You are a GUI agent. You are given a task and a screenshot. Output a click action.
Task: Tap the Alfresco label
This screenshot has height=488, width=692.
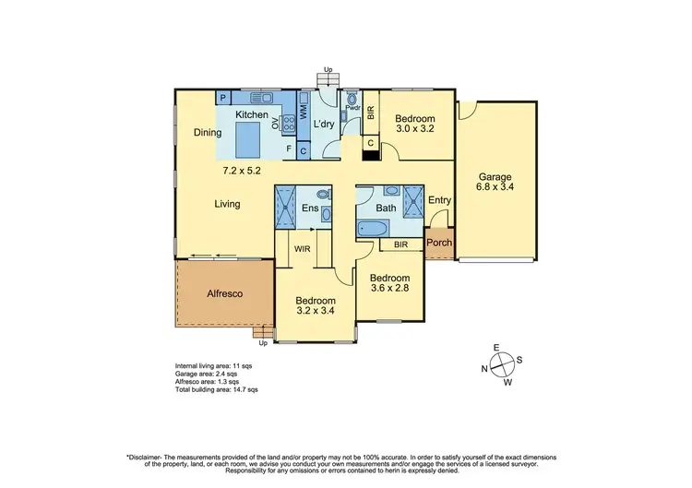click(x=224, y=293)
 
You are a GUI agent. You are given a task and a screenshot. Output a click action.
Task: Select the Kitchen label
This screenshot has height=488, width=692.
click(x=251, y=114)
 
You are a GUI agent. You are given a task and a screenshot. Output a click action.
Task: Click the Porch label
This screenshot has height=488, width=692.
click(x=438, y=244)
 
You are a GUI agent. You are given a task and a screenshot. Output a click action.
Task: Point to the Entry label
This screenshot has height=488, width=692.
click(x=439, y=200)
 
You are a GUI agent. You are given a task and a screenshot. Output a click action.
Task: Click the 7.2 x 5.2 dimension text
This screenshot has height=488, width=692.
click(x=241, y=171)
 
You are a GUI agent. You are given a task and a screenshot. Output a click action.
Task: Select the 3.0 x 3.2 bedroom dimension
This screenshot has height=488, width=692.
click(x=413, y=130)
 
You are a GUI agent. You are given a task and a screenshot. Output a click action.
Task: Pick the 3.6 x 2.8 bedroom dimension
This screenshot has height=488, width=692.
click(x=388, y=289)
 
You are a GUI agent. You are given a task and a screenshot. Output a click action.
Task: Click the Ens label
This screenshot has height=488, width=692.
click(x=310, y=208)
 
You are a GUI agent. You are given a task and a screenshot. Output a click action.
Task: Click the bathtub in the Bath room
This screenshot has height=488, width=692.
click(x=376, y=228)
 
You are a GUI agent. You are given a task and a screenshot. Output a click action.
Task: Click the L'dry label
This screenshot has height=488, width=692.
click(x=323, y=124)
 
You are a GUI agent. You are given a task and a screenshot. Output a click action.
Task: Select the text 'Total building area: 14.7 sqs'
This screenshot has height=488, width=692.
click(x=217, y=390)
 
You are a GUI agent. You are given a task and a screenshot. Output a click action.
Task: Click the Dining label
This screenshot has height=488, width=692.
click(x=208, y=133)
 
